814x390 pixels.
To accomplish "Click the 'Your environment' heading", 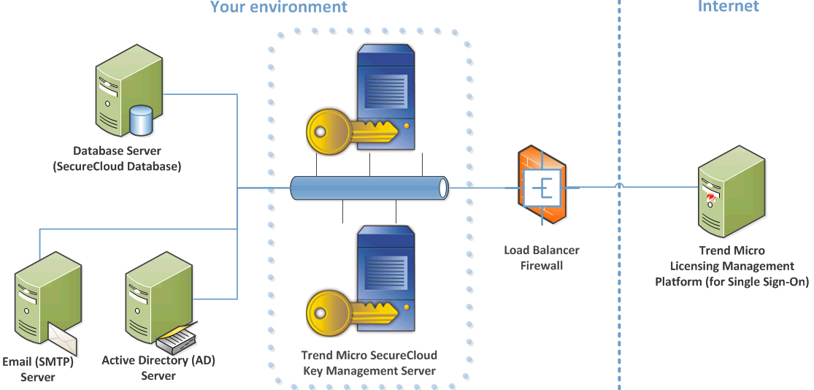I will click(x=278, y=8).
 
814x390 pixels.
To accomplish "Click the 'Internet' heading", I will click(x=728, y=7).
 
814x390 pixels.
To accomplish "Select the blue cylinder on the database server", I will click(x=140, y=120).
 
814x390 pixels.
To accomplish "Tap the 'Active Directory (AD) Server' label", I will click(x=158, y=367).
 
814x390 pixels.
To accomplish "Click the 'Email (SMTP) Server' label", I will click(x=38, y=369).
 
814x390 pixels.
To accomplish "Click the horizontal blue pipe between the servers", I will click(x=369, y=188).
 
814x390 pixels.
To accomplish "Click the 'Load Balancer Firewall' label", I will click(x=542, y=258).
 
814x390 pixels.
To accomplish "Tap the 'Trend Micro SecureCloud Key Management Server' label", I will click(x=369, y=363).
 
